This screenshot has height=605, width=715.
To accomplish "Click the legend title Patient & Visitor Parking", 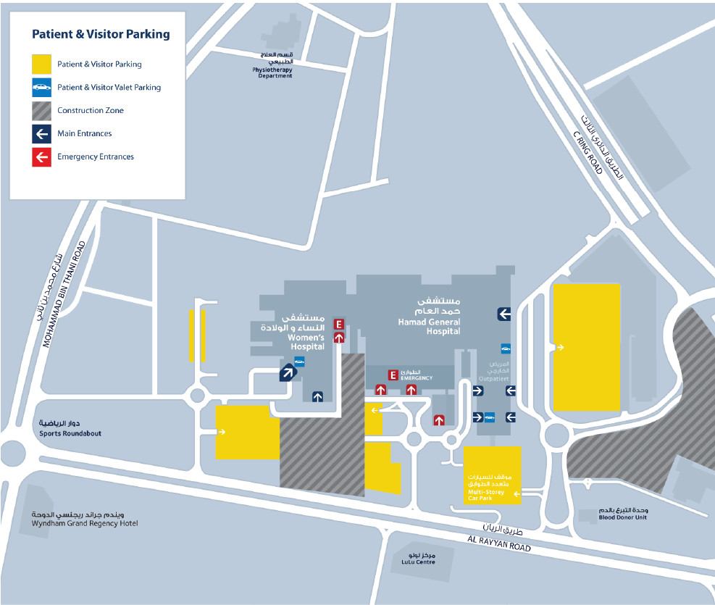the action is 101,34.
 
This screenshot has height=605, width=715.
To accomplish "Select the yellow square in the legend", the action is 41,64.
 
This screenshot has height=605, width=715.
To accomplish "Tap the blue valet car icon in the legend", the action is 41,88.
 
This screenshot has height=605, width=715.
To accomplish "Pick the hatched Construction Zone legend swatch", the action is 41,111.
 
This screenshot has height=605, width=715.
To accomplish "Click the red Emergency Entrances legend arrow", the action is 41,157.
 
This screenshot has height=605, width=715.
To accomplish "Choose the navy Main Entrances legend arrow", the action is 41,133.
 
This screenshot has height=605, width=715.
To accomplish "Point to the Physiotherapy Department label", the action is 272,72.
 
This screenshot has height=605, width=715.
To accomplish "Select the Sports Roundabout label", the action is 70,433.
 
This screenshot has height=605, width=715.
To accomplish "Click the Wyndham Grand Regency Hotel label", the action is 85,523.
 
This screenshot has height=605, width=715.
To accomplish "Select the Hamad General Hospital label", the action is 429,326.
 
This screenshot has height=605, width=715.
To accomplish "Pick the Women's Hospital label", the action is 306,342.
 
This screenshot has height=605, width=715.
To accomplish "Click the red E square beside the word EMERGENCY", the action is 393,375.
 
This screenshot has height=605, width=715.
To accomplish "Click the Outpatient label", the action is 494,379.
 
